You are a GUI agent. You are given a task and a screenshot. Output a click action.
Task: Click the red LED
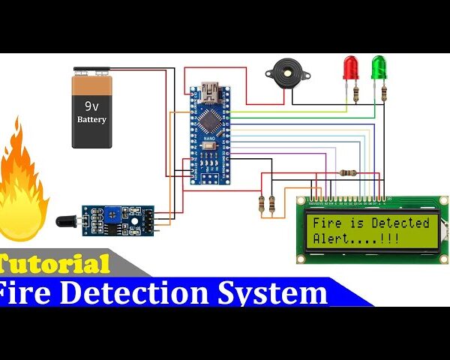[x=350, y=67]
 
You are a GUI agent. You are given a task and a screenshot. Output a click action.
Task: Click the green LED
[x=379, y=67]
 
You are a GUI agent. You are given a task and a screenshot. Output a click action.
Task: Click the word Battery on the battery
[x=91, y=119]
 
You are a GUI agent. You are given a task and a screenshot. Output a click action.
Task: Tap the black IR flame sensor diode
[x=66, y=222]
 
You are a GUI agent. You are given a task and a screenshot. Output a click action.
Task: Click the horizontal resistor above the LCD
[x=347, y=172]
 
